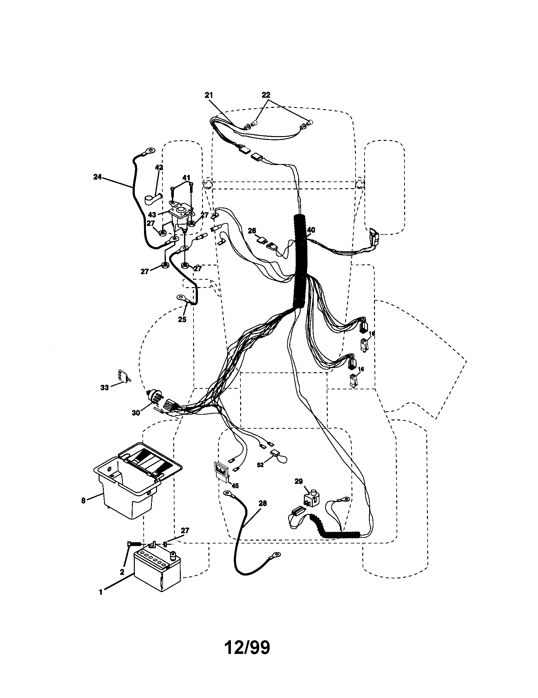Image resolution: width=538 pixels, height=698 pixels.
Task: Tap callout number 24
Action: click(x=97, y=177)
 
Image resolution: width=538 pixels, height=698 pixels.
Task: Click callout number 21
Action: click(x=209, y=95)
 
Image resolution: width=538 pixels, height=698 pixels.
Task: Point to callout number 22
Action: click(x=266, y=95)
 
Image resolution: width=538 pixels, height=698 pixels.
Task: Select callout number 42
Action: click(x=159, y=168)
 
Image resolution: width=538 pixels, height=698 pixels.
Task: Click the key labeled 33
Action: click(x=122, y=375)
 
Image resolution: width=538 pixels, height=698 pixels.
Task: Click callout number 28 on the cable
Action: click(x=262, y=504)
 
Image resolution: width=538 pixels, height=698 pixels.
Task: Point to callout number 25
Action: click(x=182, y=319)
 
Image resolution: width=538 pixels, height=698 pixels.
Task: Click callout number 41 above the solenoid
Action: click(x=186, y=178)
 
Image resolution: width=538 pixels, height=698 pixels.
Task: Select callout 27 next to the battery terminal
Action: click(x=185, y=530)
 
